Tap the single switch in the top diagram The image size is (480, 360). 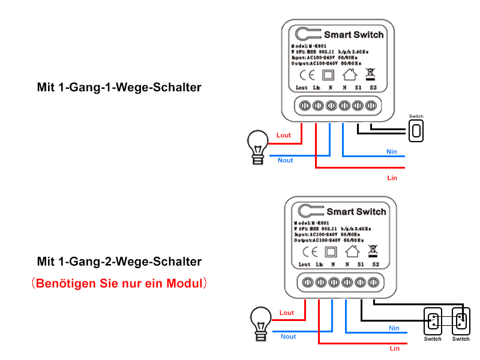pos(416,130)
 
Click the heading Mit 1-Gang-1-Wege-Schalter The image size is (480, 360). pos(119,88)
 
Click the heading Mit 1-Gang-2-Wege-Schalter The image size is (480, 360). pos(119,262)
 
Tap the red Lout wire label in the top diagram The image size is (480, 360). pos(283,136)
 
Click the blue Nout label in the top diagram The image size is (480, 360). pos(286,160)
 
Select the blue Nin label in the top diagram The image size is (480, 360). pos(392,152)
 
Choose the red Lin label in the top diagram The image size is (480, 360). pos(392,178)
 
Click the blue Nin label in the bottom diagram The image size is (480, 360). pos(394,328)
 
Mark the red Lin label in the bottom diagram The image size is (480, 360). pos(394,348)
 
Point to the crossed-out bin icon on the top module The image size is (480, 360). pos(370,74)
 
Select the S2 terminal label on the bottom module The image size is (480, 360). pos(376,264)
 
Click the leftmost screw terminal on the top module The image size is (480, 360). pos(304,106)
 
